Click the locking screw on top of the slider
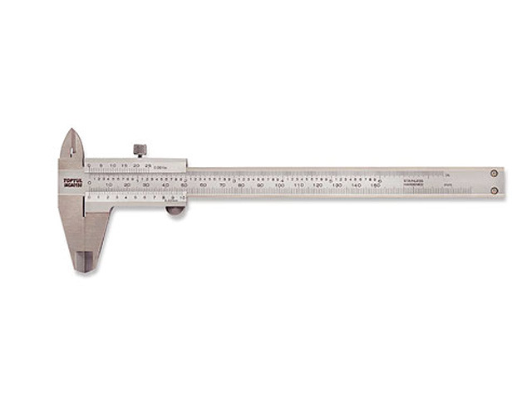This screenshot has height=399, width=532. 140,150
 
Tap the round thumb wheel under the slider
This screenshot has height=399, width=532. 175,209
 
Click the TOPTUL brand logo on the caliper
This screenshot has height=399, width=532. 72,181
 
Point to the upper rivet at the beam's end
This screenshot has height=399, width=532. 494,174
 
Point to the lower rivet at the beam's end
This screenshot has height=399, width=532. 494,190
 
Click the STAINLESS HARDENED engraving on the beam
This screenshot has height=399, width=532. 414,182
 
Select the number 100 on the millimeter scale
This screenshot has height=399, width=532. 278,185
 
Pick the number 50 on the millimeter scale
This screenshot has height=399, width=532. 184,185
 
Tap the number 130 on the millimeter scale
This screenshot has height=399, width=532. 336,185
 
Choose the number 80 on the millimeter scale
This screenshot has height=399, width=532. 241,185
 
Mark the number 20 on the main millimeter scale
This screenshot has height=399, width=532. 127,185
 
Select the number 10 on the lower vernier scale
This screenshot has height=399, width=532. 181,198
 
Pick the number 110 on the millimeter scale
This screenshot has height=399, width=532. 298,185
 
